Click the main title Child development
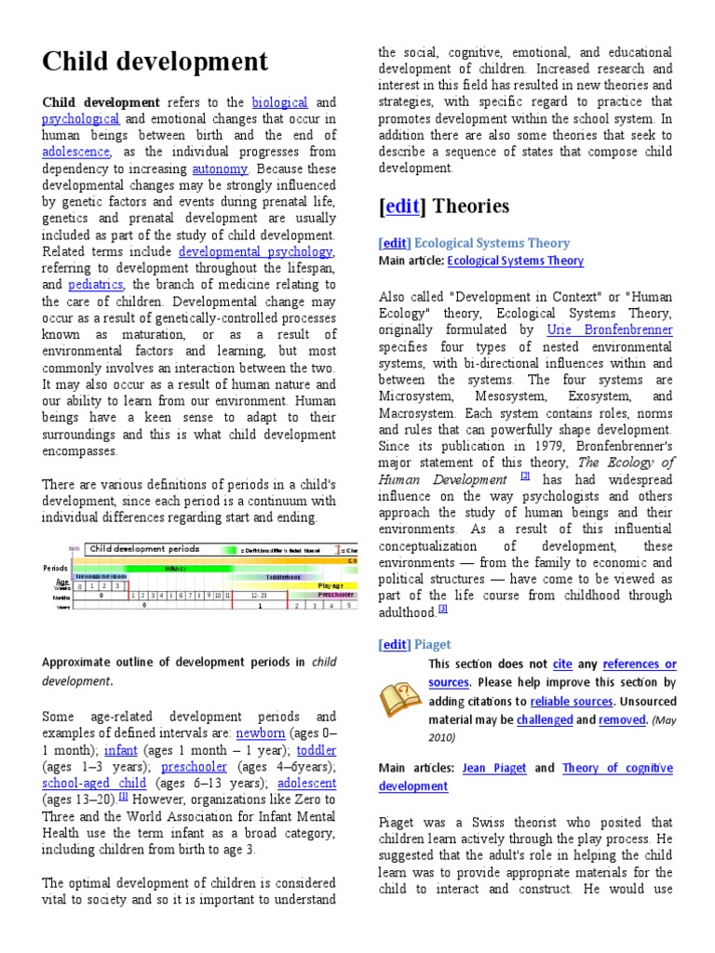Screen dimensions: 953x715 155,62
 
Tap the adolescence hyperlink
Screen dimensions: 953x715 76,152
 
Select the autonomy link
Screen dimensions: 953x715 220,168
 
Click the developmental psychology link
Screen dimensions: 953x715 255,252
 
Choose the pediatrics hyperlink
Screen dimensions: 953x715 97,286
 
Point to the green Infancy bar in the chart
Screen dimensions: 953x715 177,568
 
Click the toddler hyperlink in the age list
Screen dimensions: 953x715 316,750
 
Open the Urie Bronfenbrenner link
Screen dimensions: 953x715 622,329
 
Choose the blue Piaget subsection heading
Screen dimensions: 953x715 432,644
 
